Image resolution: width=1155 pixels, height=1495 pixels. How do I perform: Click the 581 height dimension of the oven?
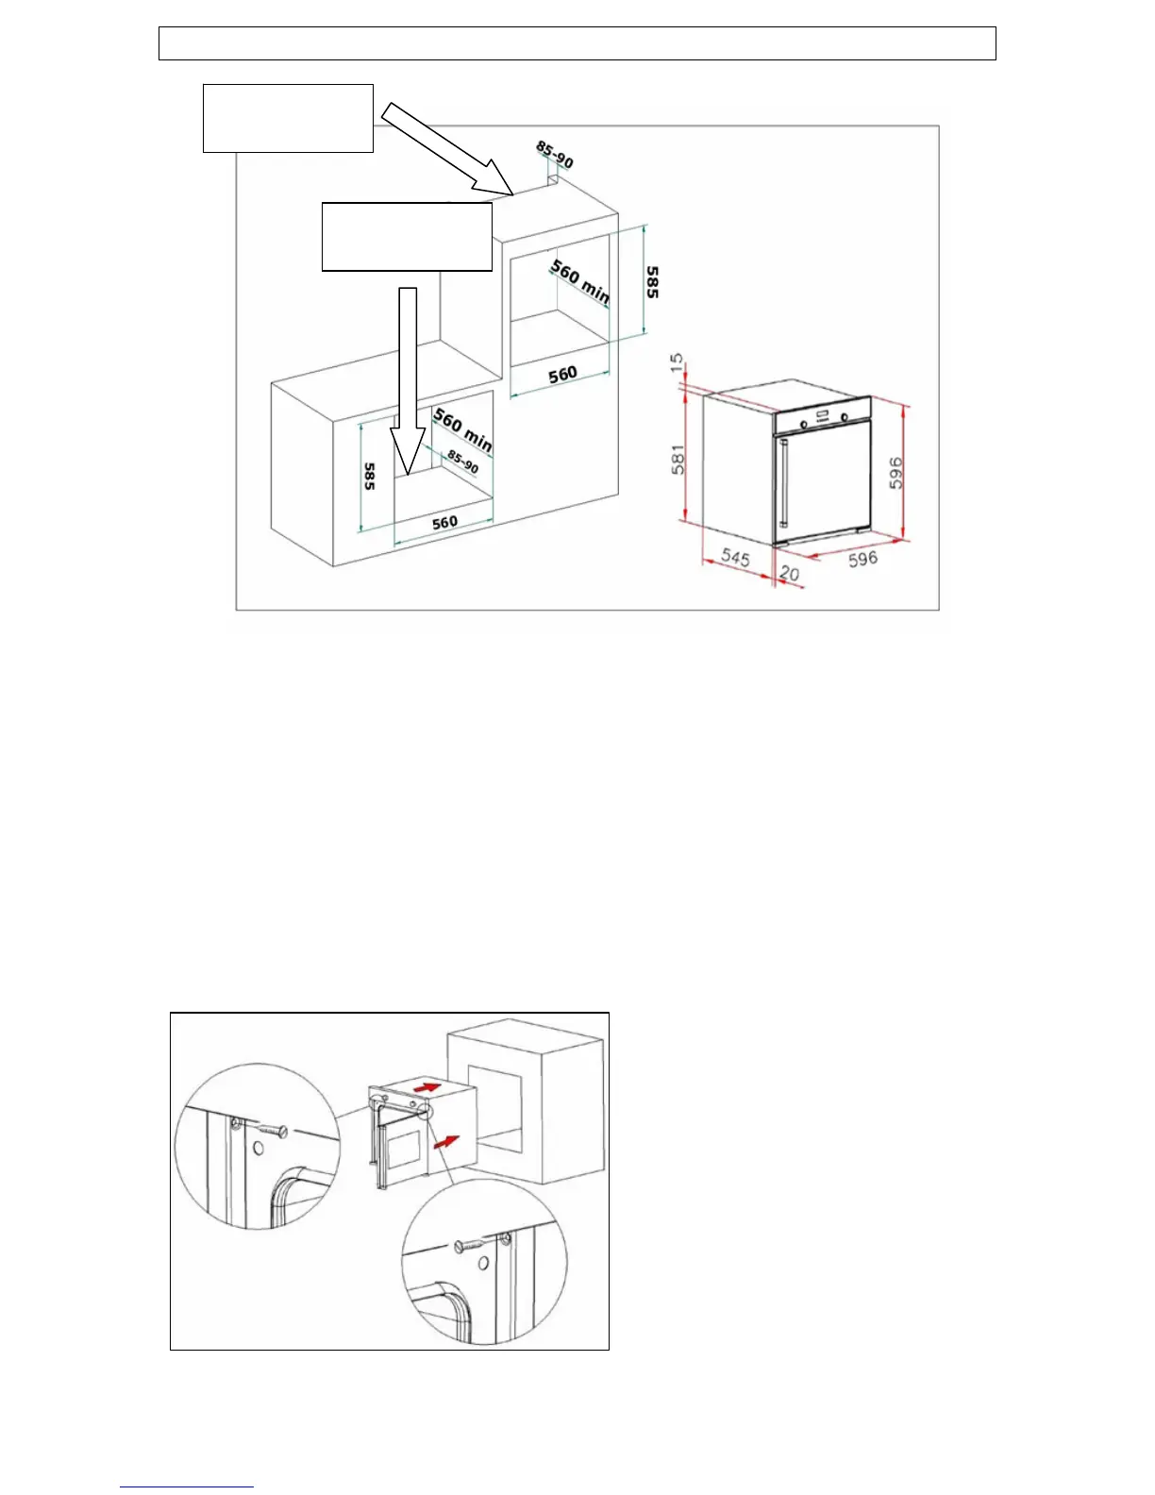pyautogui.click(x=678, y=459)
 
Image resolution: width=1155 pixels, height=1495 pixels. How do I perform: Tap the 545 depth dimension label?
pyautogui.click(x=735, y=558)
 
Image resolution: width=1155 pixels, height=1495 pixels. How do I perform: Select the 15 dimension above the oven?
pyautogui.click(x=677, y=363)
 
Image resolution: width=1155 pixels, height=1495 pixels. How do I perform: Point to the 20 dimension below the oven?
pyautogui.click(x=789, y=573)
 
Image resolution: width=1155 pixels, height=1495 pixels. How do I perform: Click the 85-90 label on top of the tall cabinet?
pyautogui.click(x=555, y=154)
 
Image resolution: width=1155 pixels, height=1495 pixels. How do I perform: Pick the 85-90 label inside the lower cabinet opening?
pyautogui.click(x=462, y=462)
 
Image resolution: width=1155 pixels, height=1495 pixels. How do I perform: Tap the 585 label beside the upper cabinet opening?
pyautogui.click(x=652, y=281)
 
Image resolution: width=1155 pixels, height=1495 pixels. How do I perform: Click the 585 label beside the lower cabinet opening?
pyautogui.click(x=369, y=476)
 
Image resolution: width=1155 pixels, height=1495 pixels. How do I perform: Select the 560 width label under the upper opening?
pyautogui.click(x=562, y=374)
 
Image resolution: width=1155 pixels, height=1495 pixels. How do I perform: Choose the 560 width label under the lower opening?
pyautogui.click(x=444, y=522)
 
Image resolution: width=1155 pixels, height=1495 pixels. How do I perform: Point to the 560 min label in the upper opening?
pyautogui.click(x=580, y=281)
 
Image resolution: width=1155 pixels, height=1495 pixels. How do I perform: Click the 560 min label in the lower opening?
pyautogui.click(x=462, y=428)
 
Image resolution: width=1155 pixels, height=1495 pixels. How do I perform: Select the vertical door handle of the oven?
pyautogui.click(x=782, y=481)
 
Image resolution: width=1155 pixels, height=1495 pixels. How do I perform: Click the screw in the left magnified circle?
pyautogui.click(x=270, y=1129)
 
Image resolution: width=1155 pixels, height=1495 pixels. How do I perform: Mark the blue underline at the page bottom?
pyautogui.click(x=186, y=1487)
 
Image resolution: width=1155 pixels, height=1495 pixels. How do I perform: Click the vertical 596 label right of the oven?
pyautogui.click(x=896, y=472)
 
